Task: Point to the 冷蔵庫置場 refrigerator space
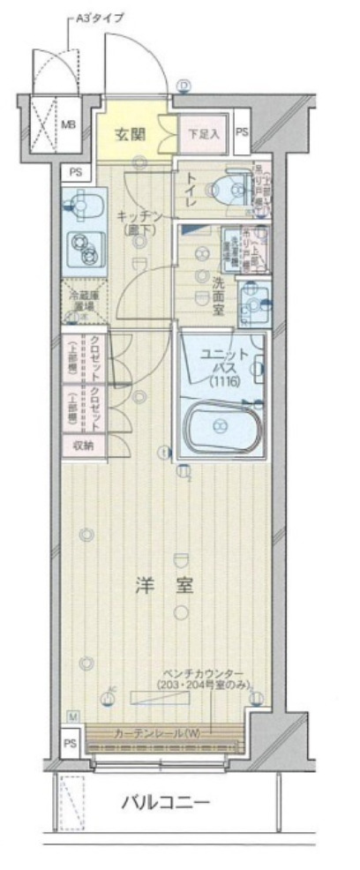85,300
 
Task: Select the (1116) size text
223,381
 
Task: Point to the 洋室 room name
166,585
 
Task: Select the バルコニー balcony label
165,803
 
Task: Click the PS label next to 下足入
242,133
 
